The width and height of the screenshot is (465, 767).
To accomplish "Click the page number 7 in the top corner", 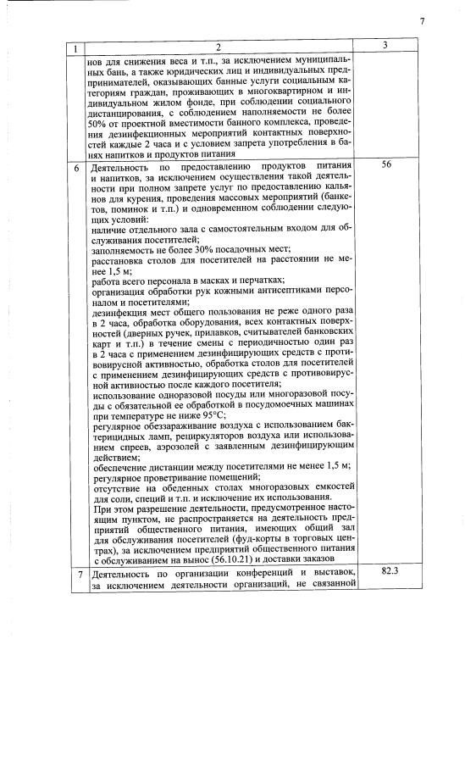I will [x=420, y=21].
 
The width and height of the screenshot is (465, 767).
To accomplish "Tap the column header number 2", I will [x=218, y=47].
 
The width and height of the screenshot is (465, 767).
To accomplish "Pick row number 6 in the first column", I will [x=78, y=167].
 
